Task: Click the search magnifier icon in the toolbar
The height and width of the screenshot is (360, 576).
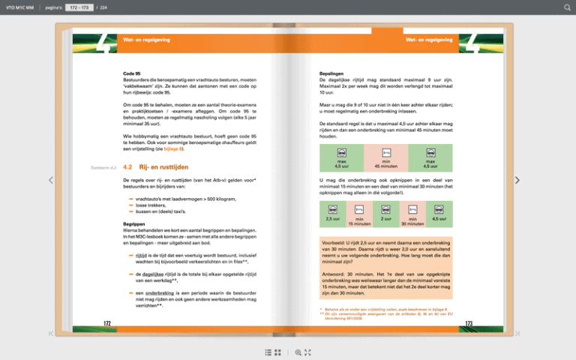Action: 567,7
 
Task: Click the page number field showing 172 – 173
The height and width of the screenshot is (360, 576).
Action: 79,7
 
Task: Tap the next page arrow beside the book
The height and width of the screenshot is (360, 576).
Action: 517,180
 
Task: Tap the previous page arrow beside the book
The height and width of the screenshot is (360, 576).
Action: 50,180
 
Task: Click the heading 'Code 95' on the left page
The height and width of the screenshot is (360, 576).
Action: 132,73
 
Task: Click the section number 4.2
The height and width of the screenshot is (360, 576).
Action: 127,166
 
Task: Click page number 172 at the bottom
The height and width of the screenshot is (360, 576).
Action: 107,324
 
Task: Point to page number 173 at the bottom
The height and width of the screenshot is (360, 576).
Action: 468,324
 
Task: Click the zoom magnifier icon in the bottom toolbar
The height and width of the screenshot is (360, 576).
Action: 298,352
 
